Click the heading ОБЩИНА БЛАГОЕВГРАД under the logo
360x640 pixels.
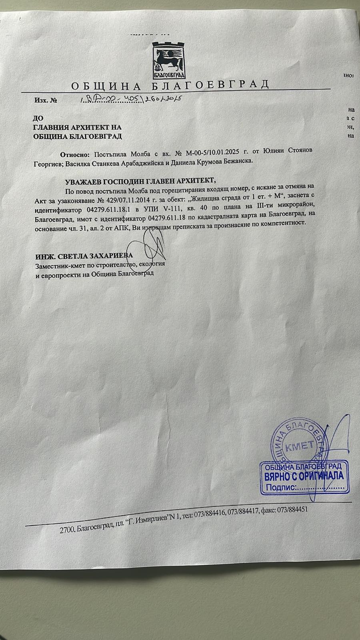[170, 85]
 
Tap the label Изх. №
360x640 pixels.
[46, 100]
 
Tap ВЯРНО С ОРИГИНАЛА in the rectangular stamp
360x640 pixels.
[304, 476]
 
